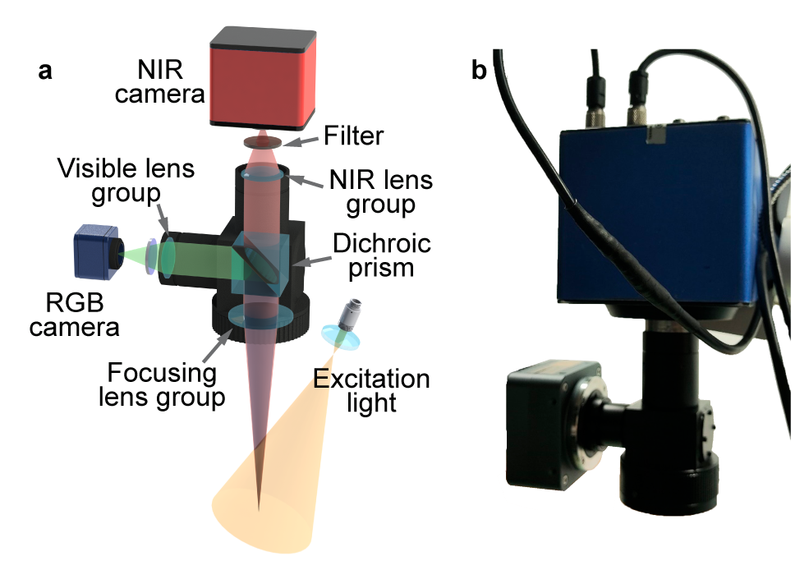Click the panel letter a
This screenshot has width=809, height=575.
(x=45, y=71)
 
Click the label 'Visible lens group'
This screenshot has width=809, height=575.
(x=126, y=182)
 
